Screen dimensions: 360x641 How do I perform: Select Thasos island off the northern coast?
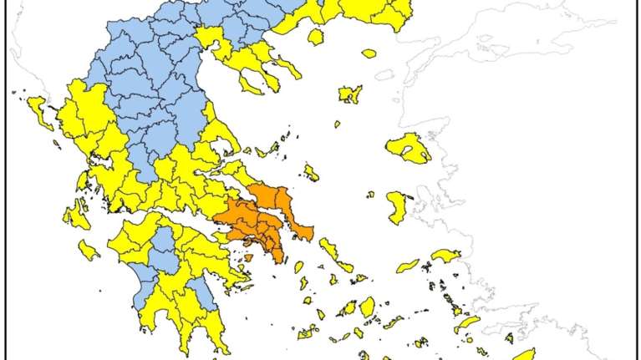coord(316,37)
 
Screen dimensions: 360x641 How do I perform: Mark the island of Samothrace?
coord(369,53)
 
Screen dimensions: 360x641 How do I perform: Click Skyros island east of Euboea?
coord(311,172)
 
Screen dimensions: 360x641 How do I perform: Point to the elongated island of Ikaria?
coord(408,266)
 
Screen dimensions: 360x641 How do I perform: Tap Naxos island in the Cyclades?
coord(367,306)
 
